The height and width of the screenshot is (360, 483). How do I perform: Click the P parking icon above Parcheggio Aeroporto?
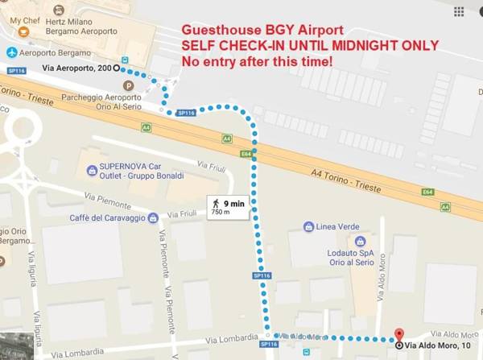pyautogui.click(x=126, y=85)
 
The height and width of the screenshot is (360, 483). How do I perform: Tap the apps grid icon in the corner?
pyautogui.click(x=459, y=12)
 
